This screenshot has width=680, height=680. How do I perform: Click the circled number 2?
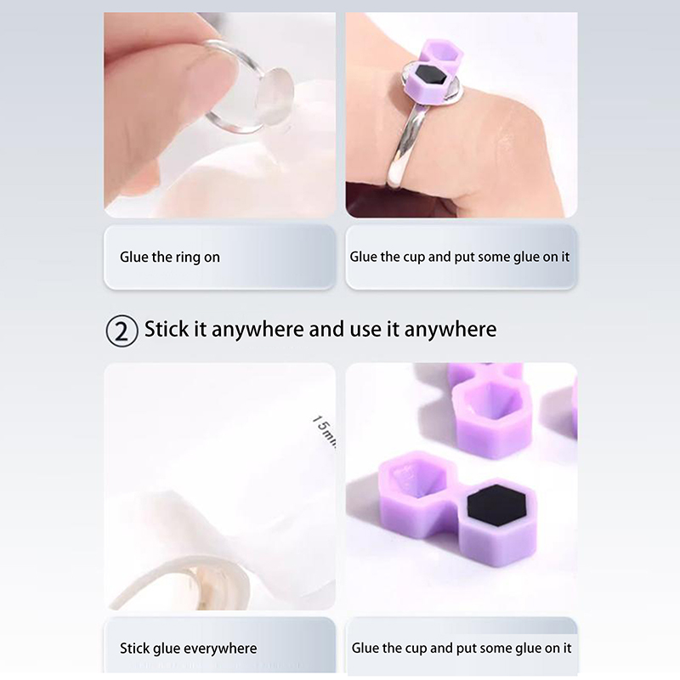(122, 331)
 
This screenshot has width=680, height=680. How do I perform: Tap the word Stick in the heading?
(167, 329)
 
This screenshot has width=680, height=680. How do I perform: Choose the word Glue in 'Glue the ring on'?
(134, 257)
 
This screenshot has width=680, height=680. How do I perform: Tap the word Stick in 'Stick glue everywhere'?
(134, 649)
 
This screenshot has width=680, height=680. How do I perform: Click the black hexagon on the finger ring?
(430, 76)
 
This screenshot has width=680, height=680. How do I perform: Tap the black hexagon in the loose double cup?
(497, 506)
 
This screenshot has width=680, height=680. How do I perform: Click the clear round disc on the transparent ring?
(271, 98)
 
